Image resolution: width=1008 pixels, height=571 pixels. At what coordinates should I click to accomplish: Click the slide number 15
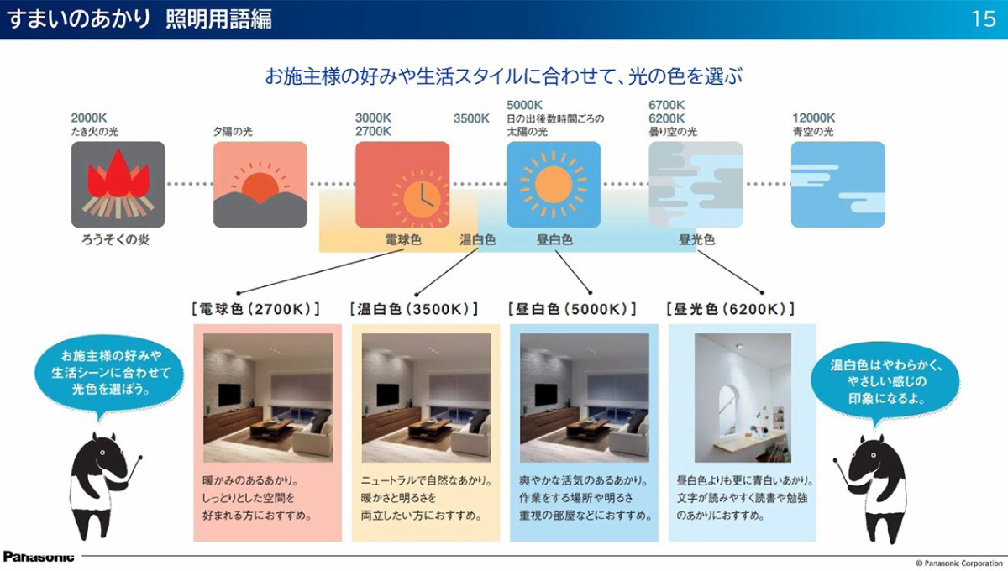(x=984, y=19)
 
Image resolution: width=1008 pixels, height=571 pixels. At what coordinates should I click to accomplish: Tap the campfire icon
(x=118, y=185)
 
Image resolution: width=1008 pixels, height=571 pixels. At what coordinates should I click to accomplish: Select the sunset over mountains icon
(x=260, y=185)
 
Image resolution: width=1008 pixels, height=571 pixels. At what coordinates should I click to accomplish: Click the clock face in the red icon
(x=422, y=197)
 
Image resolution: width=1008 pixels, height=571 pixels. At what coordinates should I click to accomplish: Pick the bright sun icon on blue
(x=554, y=185)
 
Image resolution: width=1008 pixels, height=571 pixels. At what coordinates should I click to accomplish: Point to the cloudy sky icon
(x=696, y=185)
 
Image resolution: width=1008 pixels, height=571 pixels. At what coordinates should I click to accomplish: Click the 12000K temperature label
(x=813, y=118)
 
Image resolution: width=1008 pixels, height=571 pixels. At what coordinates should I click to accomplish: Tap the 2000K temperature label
(x=89, y=118)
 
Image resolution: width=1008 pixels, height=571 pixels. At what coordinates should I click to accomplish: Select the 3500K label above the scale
(x=471, y=118)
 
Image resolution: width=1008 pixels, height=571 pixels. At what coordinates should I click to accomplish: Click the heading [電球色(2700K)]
(x=255, y=309)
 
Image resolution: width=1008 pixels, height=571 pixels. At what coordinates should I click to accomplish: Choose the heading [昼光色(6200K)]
(x=731, y=309)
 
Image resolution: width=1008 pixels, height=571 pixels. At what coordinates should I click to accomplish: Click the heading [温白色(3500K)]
(x=414, y=309)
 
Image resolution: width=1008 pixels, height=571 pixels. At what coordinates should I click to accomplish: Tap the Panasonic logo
(x=39, y=557)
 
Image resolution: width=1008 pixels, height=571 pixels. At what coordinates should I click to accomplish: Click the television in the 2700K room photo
(x=229, y=395)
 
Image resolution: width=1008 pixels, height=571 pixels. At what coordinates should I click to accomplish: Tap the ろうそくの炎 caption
(x=115, y=240)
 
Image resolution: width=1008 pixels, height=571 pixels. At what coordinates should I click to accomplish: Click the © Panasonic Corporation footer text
(x=959, y=563)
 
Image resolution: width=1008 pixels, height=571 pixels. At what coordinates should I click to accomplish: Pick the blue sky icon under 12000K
(x=838, y=185)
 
